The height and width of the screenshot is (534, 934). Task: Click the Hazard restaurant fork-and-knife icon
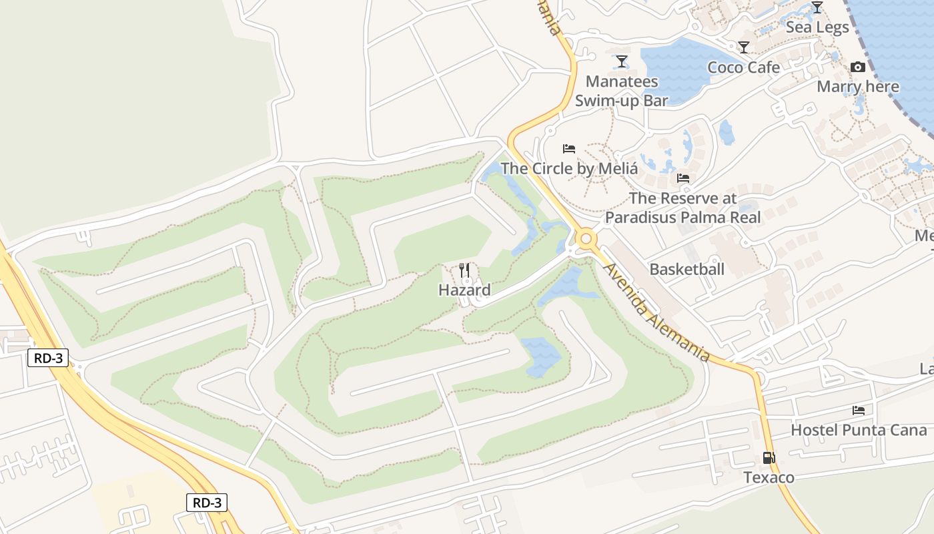[465, 270]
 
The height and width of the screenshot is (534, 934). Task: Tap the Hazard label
[464, 290]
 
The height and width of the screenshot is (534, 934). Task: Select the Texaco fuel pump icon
[769, 458]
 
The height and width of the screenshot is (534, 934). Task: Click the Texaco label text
[769, 477]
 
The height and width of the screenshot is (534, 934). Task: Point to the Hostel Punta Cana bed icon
[859, 410]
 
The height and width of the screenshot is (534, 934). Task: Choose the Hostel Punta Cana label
[859, 430]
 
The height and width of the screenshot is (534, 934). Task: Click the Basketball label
[686, 269]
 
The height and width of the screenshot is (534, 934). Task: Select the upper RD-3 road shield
[49, 358]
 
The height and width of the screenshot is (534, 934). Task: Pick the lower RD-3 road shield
[207, 503]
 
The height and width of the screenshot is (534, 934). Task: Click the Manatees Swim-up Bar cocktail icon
[622, 61]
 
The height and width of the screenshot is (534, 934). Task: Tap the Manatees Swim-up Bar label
[621, 91]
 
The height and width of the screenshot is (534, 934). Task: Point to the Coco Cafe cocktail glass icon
[744, 47]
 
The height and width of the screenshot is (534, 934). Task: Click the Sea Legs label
[817, 27]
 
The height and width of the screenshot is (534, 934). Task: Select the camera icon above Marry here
[858, 67]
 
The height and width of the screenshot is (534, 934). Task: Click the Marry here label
[858, 87]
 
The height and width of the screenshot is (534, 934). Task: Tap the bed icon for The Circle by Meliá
[569, 148]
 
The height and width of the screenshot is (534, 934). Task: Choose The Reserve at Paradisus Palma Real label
[682, 208]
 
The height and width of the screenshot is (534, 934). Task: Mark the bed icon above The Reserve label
[682, 178]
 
